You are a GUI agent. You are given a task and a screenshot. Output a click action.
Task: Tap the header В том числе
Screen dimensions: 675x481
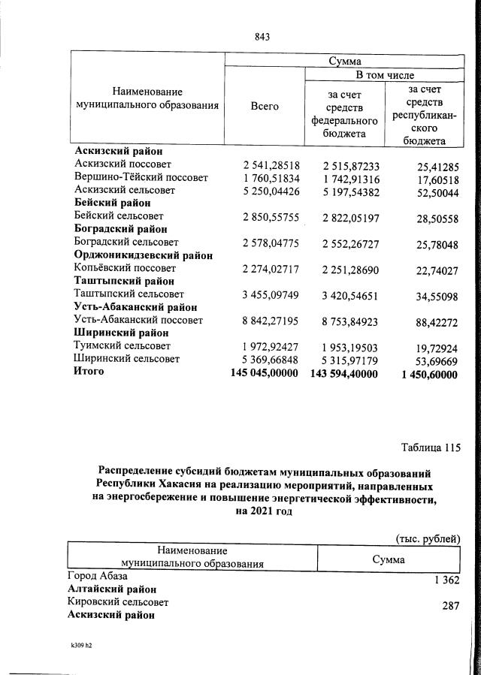coord(383,76)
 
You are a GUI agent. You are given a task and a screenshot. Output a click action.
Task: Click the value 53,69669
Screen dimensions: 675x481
coord(431,360)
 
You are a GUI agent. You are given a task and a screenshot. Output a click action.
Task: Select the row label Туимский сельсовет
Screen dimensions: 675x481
coord(123,345)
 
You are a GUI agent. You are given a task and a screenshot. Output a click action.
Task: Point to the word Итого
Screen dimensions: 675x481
coord(89,372)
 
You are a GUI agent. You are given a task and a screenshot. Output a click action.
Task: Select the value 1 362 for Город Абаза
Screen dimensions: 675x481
coord(446,580)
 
